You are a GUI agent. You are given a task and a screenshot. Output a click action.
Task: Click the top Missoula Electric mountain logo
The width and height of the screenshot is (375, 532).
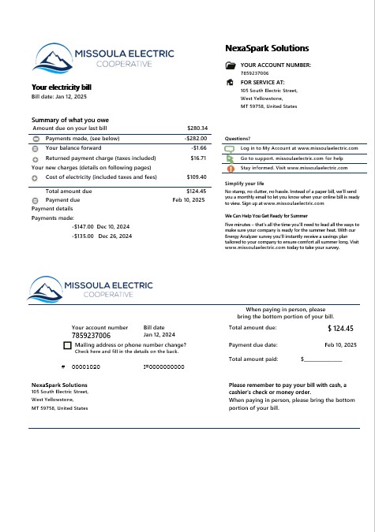pos(53,57)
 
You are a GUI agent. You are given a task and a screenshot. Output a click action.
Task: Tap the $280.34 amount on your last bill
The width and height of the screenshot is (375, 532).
pos(197,128)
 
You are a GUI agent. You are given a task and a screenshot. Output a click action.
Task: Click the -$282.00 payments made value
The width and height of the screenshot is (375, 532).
pos(195,138)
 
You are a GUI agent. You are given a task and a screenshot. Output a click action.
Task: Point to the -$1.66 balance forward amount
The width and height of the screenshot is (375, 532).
pos(199,147)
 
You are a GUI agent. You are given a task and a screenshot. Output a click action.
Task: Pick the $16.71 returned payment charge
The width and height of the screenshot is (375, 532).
pos(198,158)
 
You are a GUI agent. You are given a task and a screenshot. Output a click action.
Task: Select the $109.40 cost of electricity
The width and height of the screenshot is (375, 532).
pos(197,177)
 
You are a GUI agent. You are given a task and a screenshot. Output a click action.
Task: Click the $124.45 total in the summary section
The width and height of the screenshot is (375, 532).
pos(197,192)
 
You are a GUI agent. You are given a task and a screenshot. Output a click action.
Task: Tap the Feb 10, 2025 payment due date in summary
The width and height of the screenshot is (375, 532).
pos(189,200)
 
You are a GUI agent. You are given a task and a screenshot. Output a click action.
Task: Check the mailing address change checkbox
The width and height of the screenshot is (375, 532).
pos(67,345)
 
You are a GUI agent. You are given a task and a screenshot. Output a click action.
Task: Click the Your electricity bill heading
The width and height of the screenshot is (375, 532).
pos(62,87)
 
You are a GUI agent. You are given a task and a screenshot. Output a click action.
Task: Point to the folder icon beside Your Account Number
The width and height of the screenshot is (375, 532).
pos(230,66)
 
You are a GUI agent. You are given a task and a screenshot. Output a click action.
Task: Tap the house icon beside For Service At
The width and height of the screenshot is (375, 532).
pos(230,81)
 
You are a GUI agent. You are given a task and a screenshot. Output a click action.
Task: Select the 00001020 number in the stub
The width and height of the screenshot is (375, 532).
pos(86,367)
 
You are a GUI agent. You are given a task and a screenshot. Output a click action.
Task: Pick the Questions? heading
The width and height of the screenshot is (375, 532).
pos(238,138)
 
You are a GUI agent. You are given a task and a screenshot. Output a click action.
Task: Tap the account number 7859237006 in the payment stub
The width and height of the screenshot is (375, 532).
pos(92,335)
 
